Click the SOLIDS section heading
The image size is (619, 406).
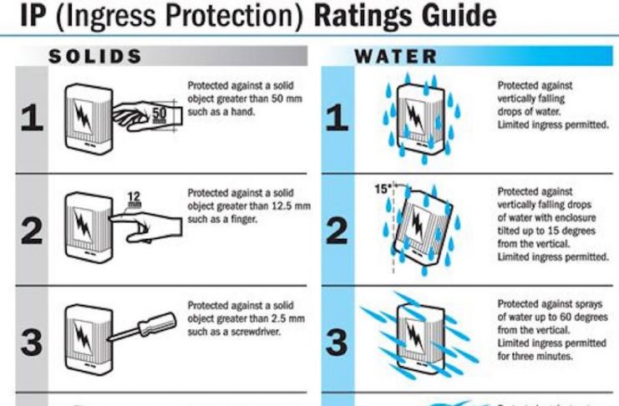click(x=94, y=56)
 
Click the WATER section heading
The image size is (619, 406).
click(x=396, y=57)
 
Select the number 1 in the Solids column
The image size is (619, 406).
click(x=32, y=117)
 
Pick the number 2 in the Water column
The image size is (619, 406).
click(x=337, y=231)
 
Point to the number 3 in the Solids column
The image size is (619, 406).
click(x=32, y=342)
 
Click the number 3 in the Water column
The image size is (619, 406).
click(x=337, y=342)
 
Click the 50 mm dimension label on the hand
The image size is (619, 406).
click(x=159, y=114)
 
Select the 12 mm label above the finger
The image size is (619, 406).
click(x=134, y=199)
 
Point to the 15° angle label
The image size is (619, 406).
click(x=382, y=189)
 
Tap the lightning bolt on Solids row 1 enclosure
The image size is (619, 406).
click(x=83, y=116)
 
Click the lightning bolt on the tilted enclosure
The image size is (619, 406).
click(x=418, y=226)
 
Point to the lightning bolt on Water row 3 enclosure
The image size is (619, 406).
click(x=415, y=337)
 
